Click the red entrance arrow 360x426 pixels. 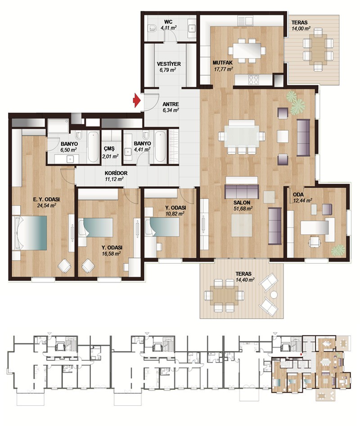tap(136, 100)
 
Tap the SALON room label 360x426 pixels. tap(242, 203)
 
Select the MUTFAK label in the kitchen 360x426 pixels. tap(222, 63)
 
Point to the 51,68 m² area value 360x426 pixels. tap(243, 208)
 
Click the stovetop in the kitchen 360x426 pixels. tap(253, 80)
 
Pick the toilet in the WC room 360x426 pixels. tap(152, 28)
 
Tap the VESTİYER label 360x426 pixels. tap(169, 64)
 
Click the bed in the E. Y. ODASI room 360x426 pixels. tap(30, 233)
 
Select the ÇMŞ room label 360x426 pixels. tap(109, 149)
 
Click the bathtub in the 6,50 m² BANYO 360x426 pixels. tap(94, 147)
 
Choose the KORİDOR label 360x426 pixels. tap(116, 173)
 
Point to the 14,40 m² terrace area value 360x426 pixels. tap(245, 279)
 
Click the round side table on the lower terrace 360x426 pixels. tap(274, 295)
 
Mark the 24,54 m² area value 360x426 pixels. tap(46, 205)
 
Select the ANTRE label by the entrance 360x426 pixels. tap(171, 104)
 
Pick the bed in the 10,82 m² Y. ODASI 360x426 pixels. tap(163, 227)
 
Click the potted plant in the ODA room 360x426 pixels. tap(338, 249)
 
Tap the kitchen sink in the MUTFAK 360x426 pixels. tap(245, 21)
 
